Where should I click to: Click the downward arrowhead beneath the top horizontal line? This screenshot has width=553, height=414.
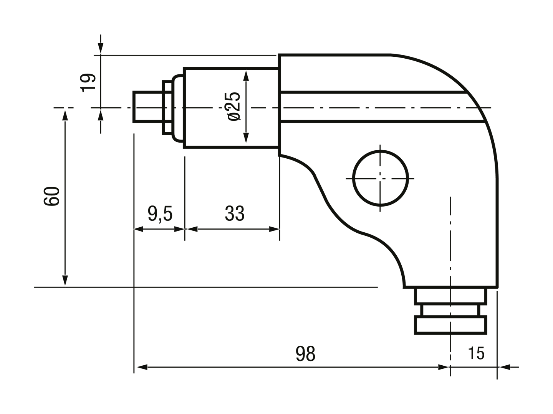101,48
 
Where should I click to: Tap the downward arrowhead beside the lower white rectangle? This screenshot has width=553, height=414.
246,138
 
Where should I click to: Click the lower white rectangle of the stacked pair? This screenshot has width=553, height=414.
263,138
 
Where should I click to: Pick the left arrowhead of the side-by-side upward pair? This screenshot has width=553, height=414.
65,116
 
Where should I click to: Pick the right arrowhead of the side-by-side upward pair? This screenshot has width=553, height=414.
101,116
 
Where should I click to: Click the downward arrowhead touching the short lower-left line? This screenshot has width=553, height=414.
65,280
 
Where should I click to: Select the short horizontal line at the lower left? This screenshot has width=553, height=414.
83,286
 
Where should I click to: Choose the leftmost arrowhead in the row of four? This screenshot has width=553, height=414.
138,229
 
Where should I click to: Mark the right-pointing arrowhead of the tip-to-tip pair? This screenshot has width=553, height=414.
178,229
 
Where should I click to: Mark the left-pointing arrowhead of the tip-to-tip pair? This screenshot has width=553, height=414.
193,229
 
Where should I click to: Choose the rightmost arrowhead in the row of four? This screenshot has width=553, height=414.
274,229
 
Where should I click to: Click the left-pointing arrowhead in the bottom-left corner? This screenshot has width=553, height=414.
142,367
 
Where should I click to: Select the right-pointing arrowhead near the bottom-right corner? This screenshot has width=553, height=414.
443,367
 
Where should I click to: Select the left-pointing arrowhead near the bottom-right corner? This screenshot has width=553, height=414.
505,367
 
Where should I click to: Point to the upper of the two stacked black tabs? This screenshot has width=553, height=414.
89,78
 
